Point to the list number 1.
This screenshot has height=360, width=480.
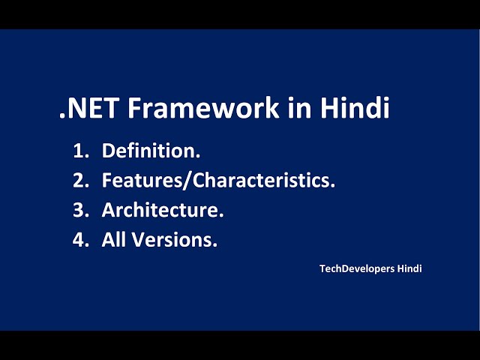(79, 151)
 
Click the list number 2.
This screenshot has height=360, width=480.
(79, 181)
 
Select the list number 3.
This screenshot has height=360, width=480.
(79, 211)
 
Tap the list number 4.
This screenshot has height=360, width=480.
(79, 241)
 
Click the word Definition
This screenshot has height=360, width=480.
(150, 151)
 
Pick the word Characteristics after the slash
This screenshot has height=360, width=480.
(255, 181)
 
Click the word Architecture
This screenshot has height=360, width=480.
(162, 211)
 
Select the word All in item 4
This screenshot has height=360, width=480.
(114, 241)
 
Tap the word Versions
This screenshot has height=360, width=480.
(175, 241)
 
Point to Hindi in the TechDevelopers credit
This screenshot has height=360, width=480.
(409, 268)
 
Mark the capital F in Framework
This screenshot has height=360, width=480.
(134, 109)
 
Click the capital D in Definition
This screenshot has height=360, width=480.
(108, 151)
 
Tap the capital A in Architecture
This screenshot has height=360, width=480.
(109, 211)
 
